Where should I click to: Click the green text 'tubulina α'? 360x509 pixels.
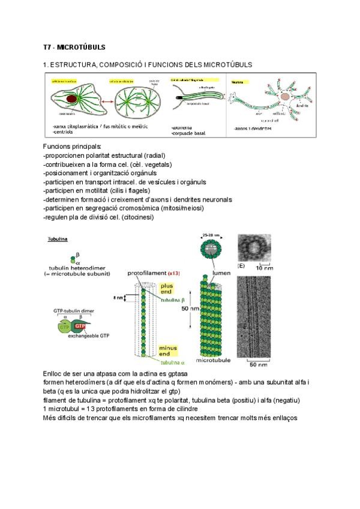[x=174, y=363]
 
